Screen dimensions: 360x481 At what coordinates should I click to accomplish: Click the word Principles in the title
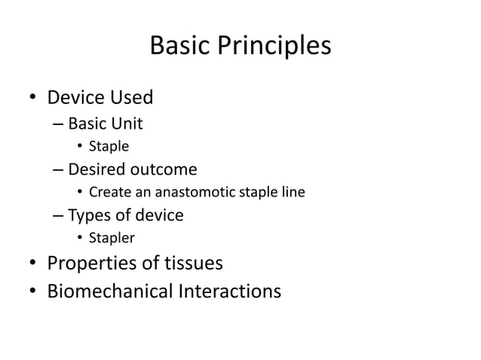274,47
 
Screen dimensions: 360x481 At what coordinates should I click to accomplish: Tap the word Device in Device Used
78,98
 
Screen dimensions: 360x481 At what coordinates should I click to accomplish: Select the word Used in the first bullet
132,98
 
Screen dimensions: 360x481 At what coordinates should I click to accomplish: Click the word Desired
97,169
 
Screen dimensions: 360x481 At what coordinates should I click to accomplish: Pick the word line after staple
293,193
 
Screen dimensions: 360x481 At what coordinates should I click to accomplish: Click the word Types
88,216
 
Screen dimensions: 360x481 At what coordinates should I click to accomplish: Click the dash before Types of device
58,216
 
